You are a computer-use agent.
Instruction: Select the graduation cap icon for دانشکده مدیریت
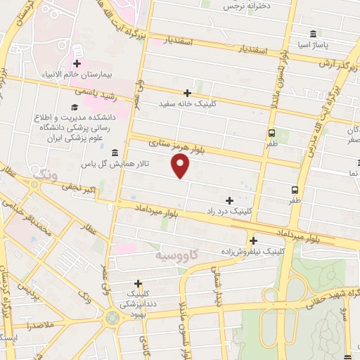point(73,107)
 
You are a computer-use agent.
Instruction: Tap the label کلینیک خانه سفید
point(187,103)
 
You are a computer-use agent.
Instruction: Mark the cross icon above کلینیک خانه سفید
point(187,93)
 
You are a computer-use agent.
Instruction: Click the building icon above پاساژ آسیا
point(313,34)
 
